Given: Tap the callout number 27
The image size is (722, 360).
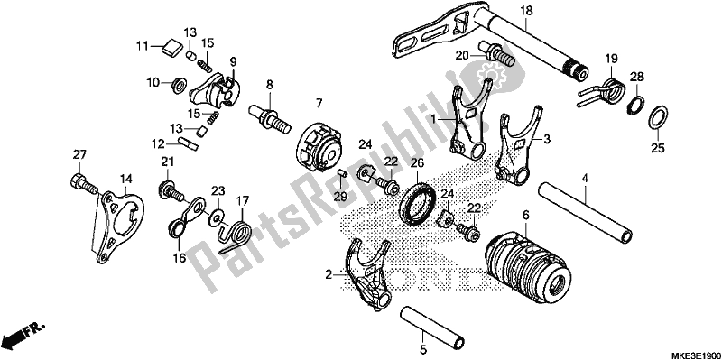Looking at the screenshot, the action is coord(79,155).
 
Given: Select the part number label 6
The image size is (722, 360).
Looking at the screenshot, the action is coord(526,216).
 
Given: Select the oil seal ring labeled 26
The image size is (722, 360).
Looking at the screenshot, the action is coord(416,204).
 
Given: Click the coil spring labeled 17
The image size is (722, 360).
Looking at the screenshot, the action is coord(236,234).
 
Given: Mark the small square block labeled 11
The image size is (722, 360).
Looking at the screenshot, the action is coord(171,48).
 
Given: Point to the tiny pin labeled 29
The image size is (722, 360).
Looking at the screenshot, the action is coord(341,175).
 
